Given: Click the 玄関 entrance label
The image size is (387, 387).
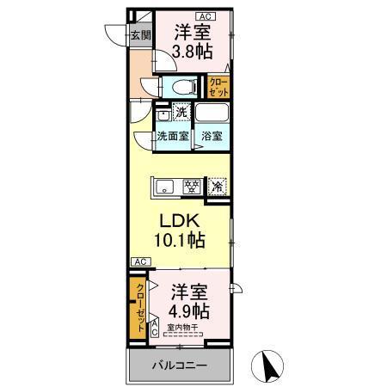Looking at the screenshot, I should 141,35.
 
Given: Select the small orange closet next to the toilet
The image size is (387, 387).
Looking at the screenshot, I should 218,87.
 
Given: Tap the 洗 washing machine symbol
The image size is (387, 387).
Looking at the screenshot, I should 181,111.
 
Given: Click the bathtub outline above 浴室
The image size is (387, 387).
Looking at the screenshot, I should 212,113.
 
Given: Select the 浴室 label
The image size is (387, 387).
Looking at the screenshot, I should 212,136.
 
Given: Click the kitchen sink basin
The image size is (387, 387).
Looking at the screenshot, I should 165,184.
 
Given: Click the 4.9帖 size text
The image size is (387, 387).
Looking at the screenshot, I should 189,310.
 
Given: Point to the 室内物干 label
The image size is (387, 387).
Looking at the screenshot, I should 183,327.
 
